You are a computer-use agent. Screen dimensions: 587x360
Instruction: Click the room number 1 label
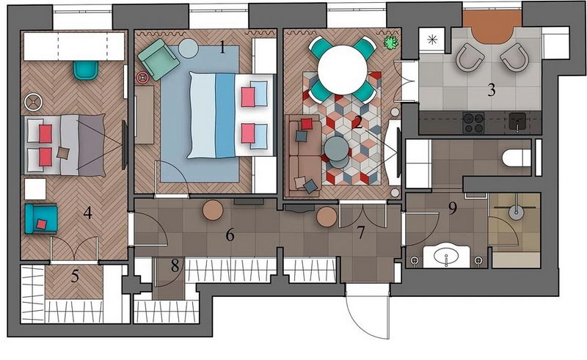222,48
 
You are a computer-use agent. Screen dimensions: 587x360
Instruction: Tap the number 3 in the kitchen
492,89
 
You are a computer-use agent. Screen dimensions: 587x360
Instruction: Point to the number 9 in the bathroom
453,208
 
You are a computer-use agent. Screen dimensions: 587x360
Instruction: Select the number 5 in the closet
76,276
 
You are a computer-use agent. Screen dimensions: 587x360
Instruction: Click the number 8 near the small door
175,265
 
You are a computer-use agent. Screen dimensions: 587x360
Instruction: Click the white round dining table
342,70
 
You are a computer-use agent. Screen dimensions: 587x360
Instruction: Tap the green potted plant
390,43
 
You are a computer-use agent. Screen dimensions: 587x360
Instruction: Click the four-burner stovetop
473,122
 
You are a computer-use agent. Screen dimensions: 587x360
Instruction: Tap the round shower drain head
517,213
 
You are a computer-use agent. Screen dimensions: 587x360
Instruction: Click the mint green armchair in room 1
158,59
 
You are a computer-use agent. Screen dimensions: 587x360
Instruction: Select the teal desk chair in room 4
86,70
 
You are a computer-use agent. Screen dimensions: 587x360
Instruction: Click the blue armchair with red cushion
41,219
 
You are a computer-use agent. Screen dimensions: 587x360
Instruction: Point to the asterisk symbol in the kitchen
432,40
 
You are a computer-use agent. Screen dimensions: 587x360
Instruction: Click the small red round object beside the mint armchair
143,78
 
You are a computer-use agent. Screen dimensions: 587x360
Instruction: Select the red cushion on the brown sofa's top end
307,124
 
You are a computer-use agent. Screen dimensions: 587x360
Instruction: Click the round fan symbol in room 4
33,102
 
